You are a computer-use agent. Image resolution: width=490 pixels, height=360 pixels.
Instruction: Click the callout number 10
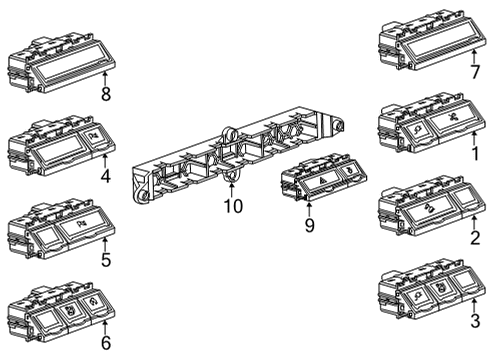point(232,206)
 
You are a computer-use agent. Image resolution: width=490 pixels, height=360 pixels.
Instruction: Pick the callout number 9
point(309,226)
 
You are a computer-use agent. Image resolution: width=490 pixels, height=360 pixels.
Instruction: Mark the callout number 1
point(475,155)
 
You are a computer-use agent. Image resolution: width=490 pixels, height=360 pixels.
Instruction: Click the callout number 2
point(475,238)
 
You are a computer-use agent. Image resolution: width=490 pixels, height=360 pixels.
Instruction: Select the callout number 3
point(475,320)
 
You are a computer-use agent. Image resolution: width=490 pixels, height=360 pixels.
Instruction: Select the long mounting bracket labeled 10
point(240,155)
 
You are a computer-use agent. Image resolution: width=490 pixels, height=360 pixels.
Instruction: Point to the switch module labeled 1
point(424,123)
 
